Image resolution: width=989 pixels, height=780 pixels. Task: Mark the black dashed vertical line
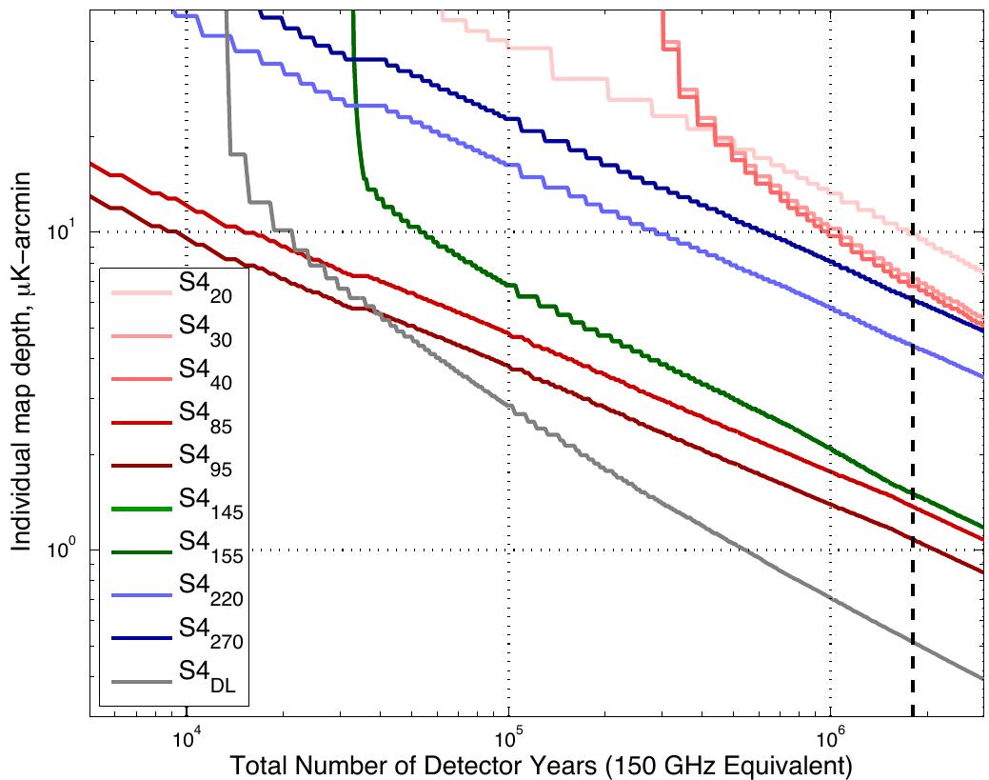pos(913,381)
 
